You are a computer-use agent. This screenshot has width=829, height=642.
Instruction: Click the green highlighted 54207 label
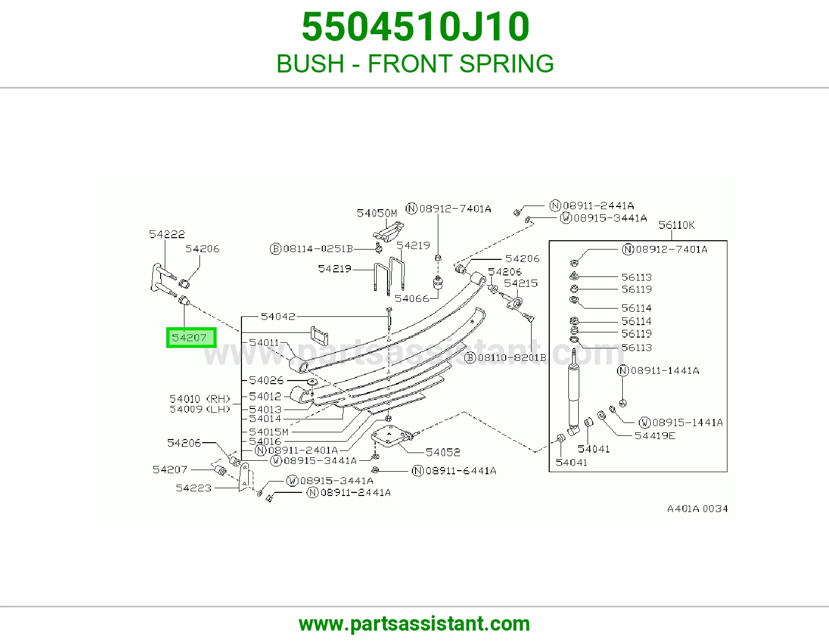(191, 338)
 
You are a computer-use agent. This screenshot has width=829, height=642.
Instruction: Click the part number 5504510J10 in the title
(415, 27)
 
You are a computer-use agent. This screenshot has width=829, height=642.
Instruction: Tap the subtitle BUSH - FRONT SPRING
(414, 63)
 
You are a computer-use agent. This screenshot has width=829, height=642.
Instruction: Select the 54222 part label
(167, 234)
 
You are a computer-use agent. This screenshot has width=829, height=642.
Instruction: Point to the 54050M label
(377, 213)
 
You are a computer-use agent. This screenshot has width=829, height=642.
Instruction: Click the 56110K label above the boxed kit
(676, 225)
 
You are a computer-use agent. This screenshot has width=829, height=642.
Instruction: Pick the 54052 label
(443, 452)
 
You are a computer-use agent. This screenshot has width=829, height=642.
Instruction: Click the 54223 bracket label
(193, 488)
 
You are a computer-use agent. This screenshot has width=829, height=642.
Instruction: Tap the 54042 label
(278, 316)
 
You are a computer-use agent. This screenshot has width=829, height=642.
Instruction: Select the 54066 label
(412, 298)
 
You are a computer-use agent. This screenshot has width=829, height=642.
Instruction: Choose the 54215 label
(521, 283)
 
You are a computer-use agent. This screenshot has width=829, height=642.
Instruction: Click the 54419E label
(655, 435)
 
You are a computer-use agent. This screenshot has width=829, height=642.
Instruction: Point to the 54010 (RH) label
(200, 399)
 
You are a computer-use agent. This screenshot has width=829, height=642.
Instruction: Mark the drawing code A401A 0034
(697, 508)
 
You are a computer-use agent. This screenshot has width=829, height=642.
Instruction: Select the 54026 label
(266, 380)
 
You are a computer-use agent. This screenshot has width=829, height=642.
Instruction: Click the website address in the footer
(414, 624)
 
